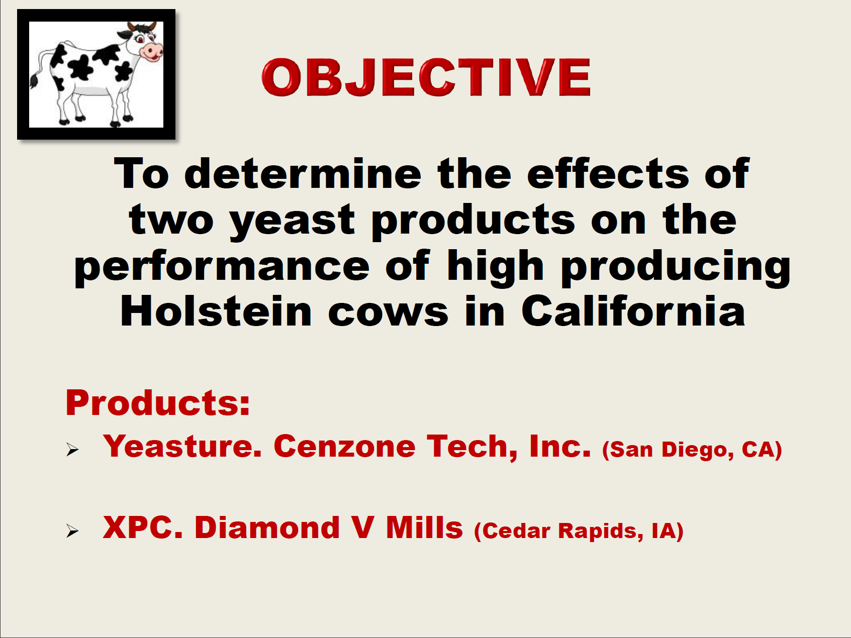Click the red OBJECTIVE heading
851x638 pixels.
pyautogui.click(x=426, y=77)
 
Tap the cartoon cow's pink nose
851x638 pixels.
pyautogui.click(x=152, y=50)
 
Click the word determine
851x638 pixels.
pyautogui.click(x=303, y=174)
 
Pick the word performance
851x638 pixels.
pyautogui.click(x=222, y=268)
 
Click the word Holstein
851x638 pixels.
pyautogui.click(x=216, y=311)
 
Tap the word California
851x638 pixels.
pyautogui.click(x=633, y=311)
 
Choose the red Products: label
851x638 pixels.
pyautogui.click(x=158, y=403)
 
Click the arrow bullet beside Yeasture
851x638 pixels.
pyautogui.click(x=72, y=450)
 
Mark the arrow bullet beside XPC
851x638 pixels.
pyautogui.click(x=72, y=531)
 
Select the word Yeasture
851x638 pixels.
pyautogui.click(x=182, y=446)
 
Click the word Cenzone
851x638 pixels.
pyautogui.click(x=345, y=446)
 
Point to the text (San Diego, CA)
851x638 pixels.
pyautogui.click(x=692, y=450)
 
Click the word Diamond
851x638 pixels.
pyautogui.click(x=267, y=527)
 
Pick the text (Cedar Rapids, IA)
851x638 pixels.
pyautogui.click(x=579, y=531)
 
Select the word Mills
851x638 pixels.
pyautogui.click(x=424, y=527)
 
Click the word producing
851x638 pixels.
pyautogui.click(x=676, y=268)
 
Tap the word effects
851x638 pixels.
pyautogui.click(x=608, y=174)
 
